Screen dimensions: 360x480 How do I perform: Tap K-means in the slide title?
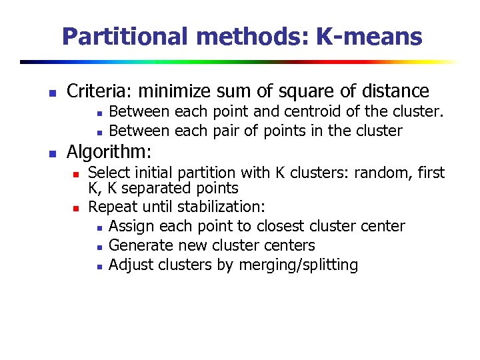click(x=369, y=36)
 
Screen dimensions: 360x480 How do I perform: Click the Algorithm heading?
click(x=109, y=151)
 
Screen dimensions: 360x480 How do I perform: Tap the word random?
click(x=382, y=173)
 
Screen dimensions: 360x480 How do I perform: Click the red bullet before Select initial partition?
click(x=77, y=174)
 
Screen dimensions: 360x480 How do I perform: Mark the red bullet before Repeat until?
click(x=77, y=207)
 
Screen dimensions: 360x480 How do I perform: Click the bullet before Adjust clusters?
click(x=98, y=266)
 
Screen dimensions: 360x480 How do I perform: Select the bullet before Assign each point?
click(x=98, y=227)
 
